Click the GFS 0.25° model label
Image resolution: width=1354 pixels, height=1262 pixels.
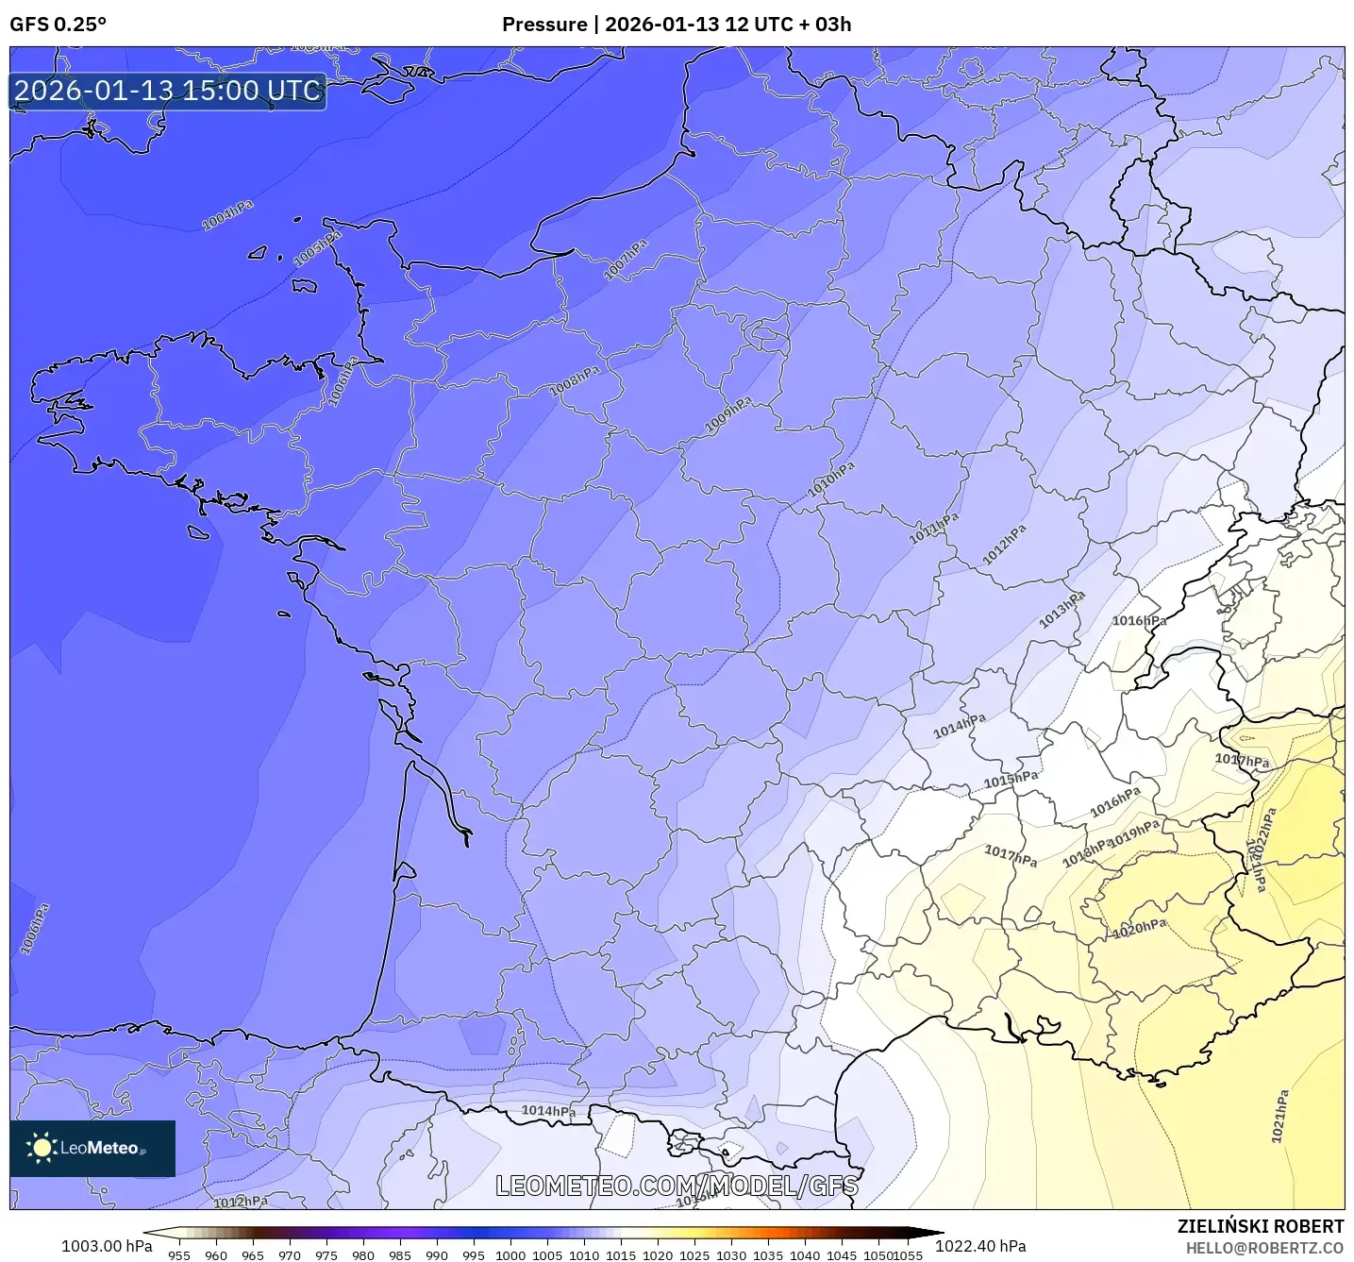pyautogui.click(x=58, y=25)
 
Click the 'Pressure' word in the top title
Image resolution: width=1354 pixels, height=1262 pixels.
pyautogui.click(x=543, y=25)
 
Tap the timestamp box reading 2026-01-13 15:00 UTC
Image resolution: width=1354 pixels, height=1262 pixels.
pyautogui.click(x=168, y=91)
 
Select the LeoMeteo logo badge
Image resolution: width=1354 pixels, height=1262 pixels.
pyautogui.click(x=92, y=1148)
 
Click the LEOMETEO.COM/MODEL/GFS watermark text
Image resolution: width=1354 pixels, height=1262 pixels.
pyautogui.click(x=677, y=1186)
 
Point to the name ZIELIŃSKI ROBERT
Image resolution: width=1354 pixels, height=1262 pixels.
pyautogui.click(x=1260, y=1226)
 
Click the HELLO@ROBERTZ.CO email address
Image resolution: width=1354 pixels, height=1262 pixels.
pyautogui.click(x=1263, y=1248)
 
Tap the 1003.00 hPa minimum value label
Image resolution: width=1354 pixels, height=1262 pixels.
pyautogui.click(x=107, y=1246)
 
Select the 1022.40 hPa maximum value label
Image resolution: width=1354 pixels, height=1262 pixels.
pyautogui.click(x=980, y=1246)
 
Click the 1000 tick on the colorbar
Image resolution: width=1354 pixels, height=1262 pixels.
pyautogui.click(x=510, y=1254)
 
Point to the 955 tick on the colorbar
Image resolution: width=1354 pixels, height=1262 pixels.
pyautogui.click(x=179, y=1254)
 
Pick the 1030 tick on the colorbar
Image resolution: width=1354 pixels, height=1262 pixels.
pyautogui.click(x=731, y=1254)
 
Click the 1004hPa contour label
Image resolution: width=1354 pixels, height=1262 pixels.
pyautogui.click(x=227, y=215)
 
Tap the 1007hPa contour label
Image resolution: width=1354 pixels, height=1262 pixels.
pyautogui.click(x=626, y=260)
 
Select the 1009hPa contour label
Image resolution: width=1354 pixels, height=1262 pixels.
pyautogui.click(x=728, y=415)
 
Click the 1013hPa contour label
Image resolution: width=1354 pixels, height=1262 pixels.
pyautogui.click(x=1062, y=609)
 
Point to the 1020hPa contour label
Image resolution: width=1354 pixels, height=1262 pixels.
pyautogui.click(x=1139, y=928)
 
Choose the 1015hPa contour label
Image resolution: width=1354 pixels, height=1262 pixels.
pyautogui.click(x=1011, y=780)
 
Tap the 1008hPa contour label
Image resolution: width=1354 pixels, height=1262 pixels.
pyautogui.click(x=575, y=380)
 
